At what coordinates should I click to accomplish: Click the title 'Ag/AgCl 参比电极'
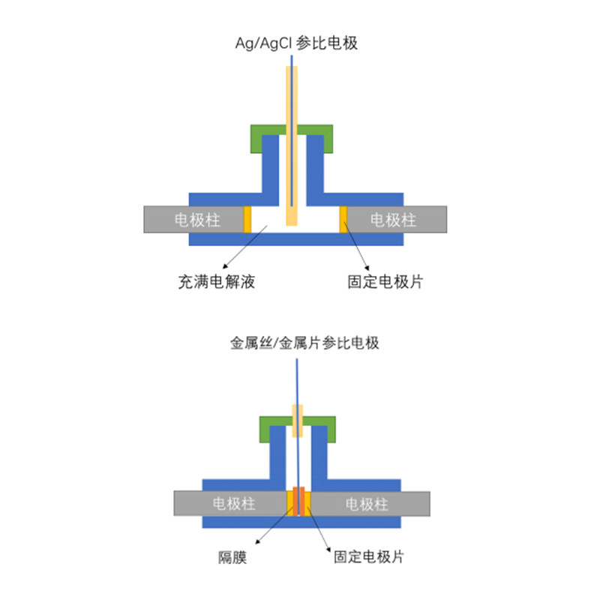tap(296, 43)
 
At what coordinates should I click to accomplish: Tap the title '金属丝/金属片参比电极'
tap(304, 343)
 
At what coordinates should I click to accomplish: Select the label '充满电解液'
tap(217, 282)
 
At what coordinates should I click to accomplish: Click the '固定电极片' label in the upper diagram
tap(385, 282)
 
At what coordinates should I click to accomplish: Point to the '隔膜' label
tap(232, 557)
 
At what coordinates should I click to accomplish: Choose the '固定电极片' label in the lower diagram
tap(368, 556)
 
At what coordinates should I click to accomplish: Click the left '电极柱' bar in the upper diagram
tap(193, 219)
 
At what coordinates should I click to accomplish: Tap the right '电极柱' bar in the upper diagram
tap(397, 219)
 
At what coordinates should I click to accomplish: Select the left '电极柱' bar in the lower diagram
tap(230, 503)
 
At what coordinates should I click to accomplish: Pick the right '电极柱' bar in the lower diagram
tap(370, 503)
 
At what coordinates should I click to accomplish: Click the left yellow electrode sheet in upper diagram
tap(247, 219)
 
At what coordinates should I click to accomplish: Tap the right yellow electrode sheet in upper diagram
tap(343, 219)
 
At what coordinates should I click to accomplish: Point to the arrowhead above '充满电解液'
tap(226, 266)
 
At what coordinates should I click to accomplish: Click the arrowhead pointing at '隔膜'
tap(258, 541)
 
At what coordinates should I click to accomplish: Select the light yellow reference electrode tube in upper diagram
tap(292, 145)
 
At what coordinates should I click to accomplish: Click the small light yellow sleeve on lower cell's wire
tap(297, 421)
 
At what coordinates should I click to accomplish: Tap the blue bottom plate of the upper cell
tap(296, 239)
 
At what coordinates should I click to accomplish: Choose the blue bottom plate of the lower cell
tap(301, 522)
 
